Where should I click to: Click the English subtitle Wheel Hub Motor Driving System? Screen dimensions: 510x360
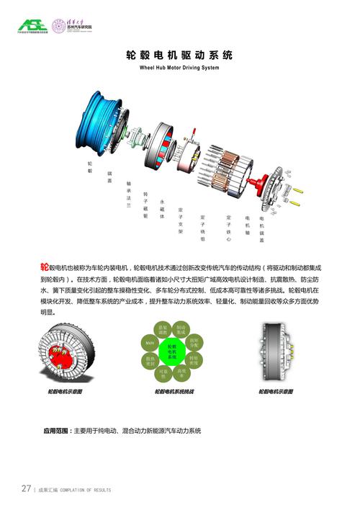(179, 68)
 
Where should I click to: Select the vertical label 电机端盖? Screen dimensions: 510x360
(261, 228)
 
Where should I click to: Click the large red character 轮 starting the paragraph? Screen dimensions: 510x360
(45, 267)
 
